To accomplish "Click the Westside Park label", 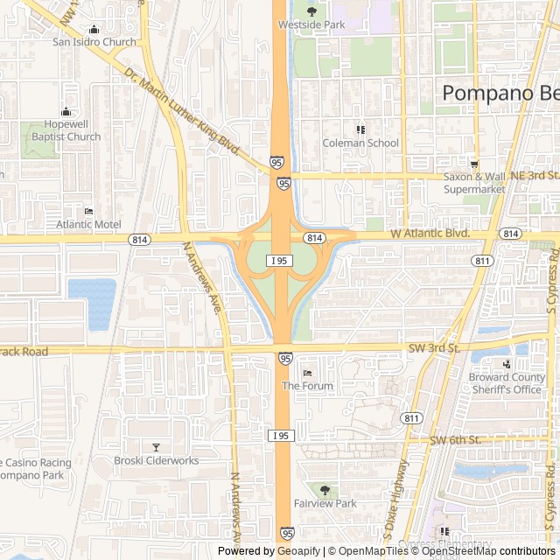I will point(311,25).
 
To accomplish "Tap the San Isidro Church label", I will point(94,41).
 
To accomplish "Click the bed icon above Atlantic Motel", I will point(88,211).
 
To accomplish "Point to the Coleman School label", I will point(360,143).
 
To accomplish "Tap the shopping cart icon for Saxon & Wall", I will point(474,164).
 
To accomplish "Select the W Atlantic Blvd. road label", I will point(430,234).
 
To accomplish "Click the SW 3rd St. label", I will point(434,347).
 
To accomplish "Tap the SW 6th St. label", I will point(456,439).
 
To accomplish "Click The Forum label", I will point(307,386).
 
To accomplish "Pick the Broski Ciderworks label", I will point(157,460).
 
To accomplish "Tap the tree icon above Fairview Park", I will point(325,490).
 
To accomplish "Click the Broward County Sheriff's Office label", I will point(505,383).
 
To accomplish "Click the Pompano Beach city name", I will point(500,92).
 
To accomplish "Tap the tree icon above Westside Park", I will point(311,11).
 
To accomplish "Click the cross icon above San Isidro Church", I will point(94,28).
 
